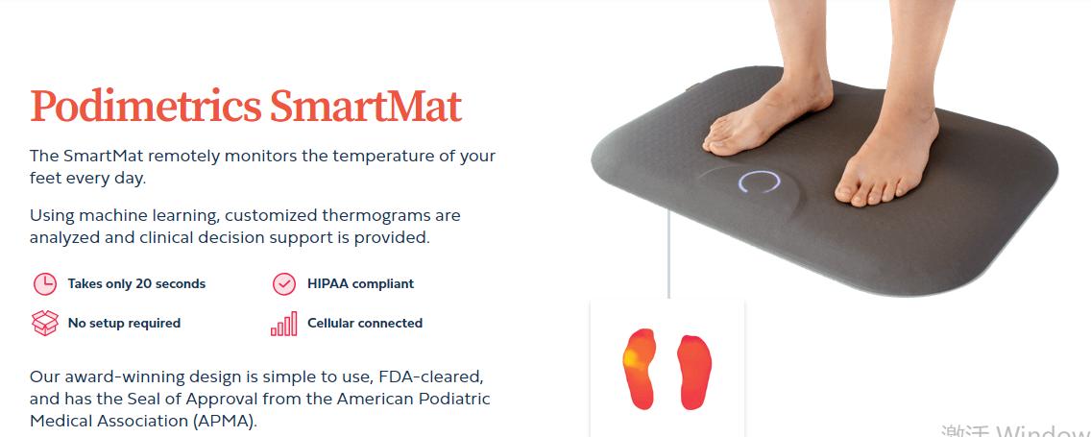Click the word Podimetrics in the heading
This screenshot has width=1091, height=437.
point(146,106)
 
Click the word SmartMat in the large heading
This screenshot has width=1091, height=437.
point(366,106)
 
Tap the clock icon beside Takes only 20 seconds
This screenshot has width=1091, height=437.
point(45,284)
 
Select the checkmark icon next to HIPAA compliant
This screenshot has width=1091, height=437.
point(284,284)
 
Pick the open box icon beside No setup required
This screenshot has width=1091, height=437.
point(45,323)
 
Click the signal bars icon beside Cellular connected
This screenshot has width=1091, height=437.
point(284,324)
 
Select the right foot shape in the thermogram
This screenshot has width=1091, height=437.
point(694,373)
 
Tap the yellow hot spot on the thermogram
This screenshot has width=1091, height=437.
point(632,357)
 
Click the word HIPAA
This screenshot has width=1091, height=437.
point(330,284)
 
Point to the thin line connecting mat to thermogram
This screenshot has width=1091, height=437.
point(668,253)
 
